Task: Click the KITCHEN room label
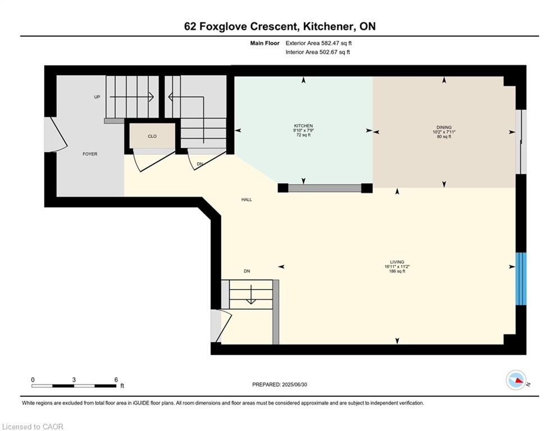pos(303,126)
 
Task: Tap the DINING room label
pos(444,127)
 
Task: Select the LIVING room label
pos(397,262)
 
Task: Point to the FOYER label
pos(90,154)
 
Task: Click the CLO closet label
pos(152,136)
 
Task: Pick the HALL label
pos(247,199)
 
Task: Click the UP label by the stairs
pos(97,97)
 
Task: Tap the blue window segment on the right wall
pos(521,278)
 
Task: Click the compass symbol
pos(516,380)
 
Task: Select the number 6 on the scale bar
pos(116,380)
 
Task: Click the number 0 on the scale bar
pos(33,380)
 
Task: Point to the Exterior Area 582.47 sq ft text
pos(319,43)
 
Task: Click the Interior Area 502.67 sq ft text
pos(317,52)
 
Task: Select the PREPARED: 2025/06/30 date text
pos(280,384)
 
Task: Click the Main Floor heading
pos(265,43)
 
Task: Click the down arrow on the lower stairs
pos(251,294)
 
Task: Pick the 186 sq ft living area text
pos(397,272)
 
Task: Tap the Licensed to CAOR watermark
pos(33,427)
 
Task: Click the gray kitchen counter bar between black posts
pos(325,188)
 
